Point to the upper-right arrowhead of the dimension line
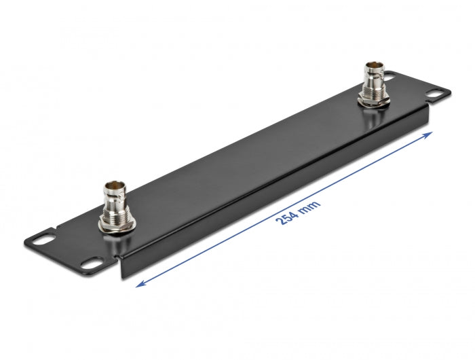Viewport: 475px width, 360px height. coord(430,134)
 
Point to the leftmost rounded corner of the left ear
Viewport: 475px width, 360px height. coord(25,240)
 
